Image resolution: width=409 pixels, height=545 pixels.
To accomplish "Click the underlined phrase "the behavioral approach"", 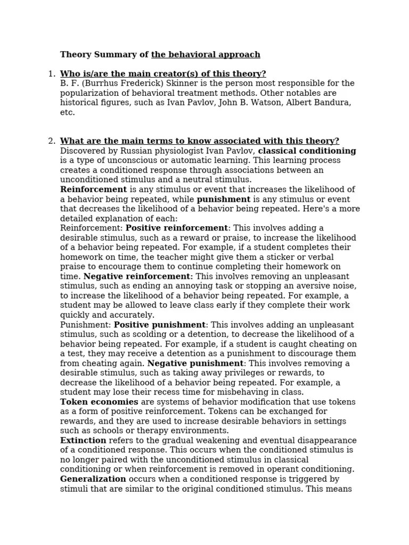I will coord(206,54).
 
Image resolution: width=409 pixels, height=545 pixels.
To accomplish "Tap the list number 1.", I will coord(52,74).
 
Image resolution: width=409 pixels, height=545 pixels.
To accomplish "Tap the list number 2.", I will coord(52,141).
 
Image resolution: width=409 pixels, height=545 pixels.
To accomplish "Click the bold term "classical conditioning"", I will coord(307,151).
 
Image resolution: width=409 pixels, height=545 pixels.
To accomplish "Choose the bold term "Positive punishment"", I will coord(160,325).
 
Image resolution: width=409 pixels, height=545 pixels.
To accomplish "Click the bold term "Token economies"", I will coord(99,402).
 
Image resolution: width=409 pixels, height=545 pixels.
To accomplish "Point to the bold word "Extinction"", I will coord(83,441).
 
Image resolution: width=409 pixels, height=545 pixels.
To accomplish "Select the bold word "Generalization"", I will coord(93,479).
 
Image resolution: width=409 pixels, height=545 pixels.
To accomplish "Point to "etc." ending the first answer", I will coord(68,112).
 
